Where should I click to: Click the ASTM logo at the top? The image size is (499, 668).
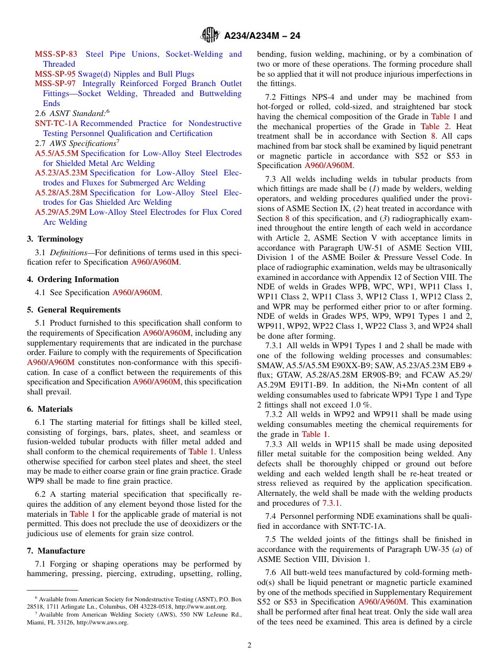210,36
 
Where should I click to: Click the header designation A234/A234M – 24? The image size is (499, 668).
262,36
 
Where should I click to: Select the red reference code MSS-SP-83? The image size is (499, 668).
56,54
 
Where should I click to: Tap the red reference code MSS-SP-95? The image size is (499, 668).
55,74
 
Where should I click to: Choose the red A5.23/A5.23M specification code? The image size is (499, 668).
61,173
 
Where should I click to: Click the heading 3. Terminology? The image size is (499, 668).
55,239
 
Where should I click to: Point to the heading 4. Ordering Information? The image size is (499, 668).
73,279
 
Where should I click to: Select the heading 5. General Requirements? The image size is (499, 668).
74,310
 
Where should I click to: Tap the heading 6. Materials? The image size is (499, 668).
50,409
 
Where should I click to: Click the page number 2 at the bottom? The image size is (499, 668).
250,645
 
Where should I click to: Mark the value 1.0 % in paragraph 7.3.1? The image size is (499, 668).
360,405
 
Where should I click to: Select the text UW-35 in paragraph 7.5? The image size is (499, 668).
432,549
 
